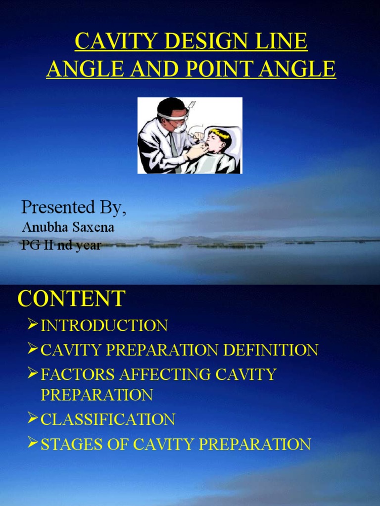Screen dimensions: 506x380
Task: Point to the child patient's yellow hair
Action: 219,133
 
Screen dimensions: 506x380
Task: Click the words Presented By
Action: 74,208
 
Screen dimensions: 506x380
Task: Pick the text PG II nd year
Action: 61,245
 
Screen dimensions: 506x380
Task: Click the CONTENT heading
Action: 72,298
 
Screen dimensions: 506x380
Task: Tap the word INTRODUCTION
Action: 104,326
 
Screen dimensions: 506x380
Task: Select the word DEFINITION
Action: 271,350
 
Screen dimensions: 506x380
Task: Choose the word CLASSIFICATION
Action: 108,420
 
